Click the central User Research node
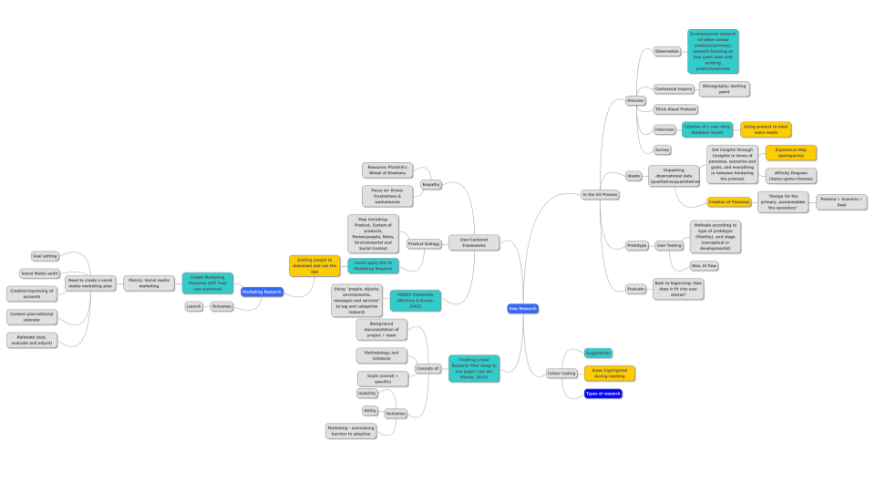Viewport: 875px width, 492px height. coord(523,309)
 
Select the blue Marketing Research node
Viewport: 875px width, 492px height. coord(262,292)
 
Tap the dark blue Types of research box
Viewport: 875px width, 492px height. coord(602,394)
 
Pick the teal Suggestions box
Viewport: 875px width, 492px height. coord(598,353)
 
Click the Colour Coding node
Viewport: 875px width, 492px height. coord(561,374)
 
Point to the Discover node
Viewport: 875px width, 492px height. coord(635,100)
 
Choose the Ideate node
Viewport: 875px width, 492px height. coord(633,175)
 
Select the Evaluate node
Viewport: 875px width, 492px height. coord(635,289)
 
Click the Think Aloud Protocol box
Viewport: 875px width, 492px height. coord(675,109)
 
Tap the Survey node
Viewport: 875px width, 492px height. coord(663,149)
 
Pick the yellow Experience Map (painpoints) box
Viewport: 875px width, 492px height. coord(790,152)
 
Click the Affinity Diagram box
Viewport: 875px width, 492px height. coord(790,175)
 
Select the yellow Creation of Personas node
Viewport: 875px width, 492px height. coord(728,201)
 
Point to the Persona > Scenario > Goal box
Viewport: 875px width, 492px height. coord(841,201)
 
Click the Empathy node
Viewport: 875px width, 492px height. coord(431,185)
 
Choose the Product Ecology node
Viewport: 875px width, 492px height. coord(424,244)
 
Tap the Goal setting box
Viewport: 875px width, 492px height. coord(45,256)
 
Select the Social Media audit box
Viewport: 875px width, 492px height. coord(40,273)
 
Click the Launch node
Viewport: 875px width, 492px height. coord(193,306)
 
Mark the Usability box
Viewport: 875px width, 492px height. coord(367,394)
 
